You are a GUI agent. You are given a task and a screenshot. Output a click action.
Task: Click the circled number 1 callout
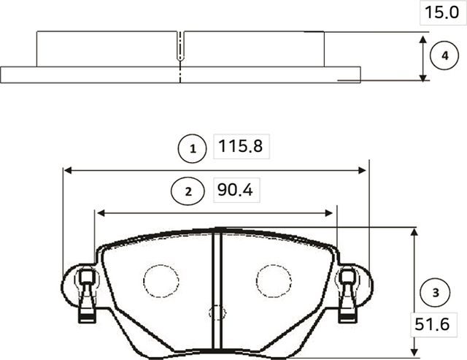[193, 149]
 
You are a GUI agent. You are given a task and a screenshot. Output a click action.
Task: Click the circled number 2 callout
[188, 191]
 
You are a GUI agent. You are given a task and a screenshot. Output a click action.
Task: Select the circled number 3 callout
[436, 293]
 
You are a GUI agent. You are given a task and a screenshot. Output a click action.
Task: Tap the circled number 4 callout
[444, 56]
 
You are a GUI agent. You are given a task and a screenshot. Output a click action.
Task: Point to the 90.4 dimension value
[235, 191]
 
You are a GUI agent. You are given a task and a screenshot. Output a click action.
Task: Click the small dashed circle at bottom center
[217, 313]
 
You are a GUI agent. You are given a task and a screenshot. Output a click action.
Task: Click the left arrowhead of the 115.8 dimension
[68, 170]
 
